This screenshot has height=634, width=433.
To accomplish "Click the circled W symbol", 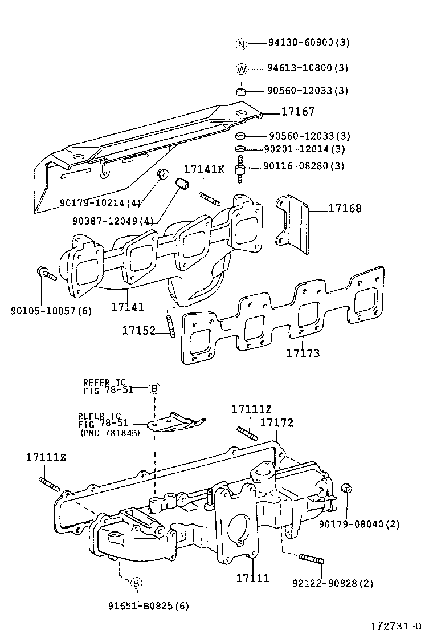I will (x=241, y=68).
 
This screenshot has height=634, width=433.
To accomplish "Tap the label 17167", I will (x=297, y=112).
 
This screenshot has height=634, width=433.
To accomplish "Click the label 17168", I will (x=344, y=209).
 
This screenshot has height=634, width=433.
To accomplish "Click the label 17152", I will (x=138, y=330).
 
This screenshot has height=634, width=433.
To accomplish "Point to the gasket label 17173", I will (x=303, y=353).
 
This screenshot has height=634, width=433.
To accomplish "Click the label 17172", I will (x=276, y=422).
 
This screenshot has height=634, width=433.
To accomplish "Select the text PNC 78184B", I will (x=109, y=433).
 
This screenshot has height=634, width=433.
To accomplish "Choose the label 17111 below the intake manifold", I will (x=252, y=578).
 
